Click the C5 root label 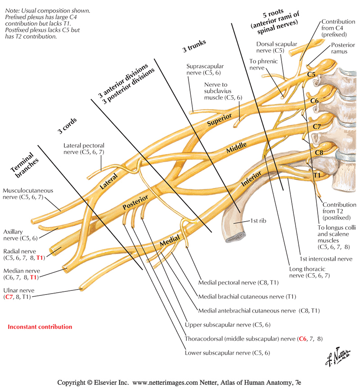(x=311, y=74)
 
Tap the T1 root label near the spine (x=317, y=175)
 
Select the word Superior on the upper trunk (x=219, y=120)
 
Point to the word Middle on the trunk (x=236, y=147)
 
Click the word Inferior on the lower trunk (x=251, y=178)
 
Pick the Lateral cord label (x=108, y=182)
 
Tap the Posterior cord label (x=135, y=202)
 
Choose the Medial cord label (x=170, y=241)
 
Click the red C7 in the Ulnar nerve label (x=9, y=297)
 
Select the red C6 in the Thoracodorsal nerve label (x=302, y=339)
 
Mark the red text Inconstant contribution (x=40, y=327)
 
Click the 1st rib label (x=258, y=221)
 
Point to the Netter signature (x=337, y=357)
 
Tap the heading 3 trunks (x=194, y=46)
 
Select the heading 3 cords (x=67, y=126)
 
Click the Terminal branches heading (x=24, y=165)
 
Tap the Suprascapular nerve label (x=205, y=70)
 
